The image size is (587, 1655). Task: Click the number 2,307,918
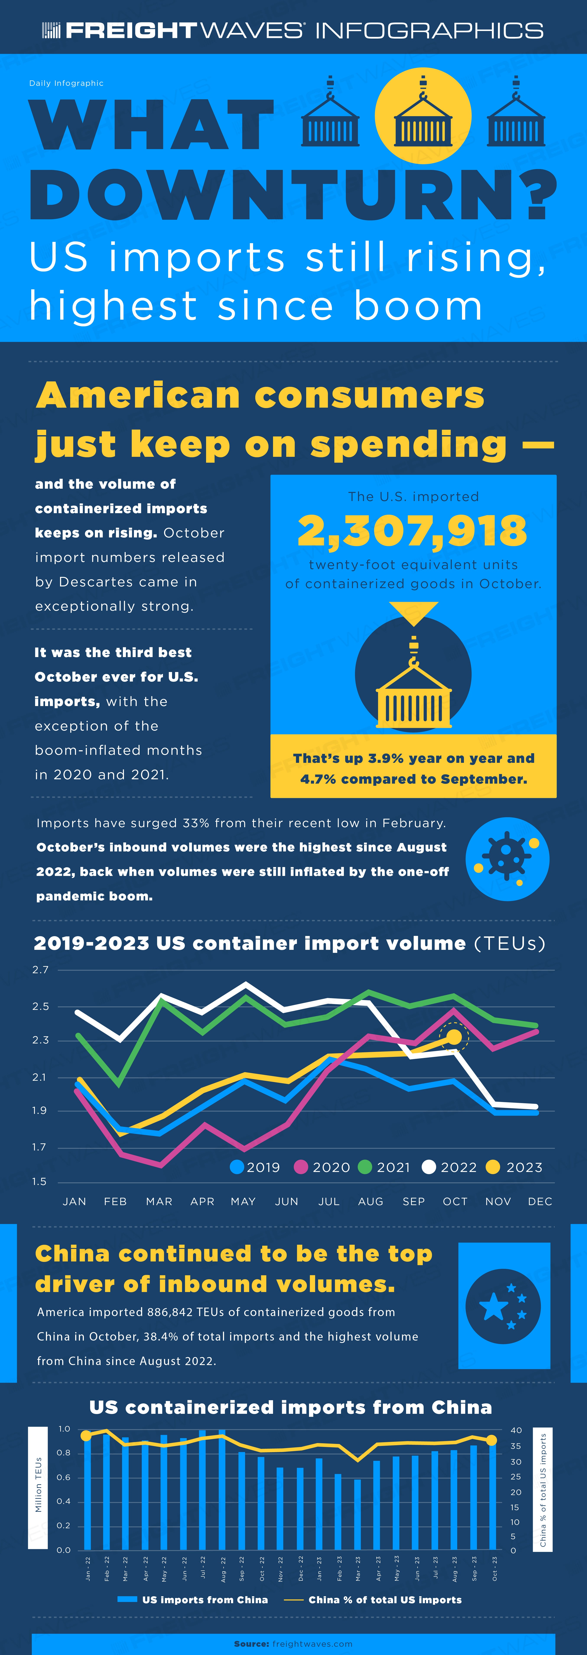tap(412, 531)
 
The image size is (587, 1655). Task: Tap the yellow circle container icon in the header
tap(423, 116)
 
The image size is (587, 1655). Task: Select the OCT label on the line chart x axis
tap(455, 1201)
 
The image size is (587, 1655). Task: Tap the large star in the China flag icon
tap(494, 1306)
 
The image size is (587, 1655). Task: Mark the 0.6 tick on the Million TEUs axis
tap(63, 1477)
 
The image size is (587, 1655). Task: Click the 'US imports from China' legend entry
tap(193, 1600)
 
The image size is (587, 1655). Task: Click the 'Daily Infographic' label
tap(66, 83)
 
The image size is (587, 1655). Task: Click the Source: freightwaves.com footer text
tap(293, 1644)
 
